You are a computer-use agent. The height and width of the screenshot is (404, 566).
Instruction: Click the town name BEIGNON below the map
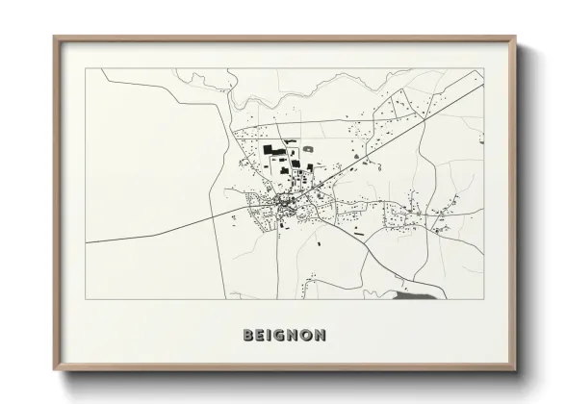(x=284, y=336)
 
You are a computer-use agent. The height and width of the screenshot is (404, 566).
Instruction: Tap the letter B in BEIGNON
(x=249, y=336)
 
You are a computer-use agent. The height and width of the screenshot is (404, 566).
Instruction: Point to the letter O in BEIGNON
(x=306, y=336)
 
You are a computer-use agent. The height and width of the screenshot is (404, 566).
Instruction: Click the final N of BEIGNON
(x=320, y=336)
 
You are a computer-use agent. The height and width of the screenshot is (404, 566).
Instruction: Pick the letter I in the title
(x=270, y=336)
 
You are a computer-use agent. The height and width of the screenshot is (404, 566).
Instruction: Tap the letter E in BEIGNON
(x=261, y=336)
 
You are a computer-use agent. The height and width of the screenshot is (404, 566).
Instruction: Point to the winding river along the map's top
(x=318, y=96)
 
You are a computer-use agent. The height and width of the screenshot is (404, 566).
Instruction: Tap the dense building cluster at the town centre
(x=286, y=204)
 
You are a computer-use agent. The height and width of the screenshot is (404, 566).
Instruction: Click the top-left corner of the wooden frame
(x=55, y=38)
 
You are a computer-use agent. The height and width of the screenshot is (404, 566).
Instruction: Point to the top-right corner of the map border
(x=483, y=68)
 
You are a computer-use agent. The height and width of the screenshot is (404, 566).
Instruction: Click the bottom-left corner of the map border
(x=86, y=300)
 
